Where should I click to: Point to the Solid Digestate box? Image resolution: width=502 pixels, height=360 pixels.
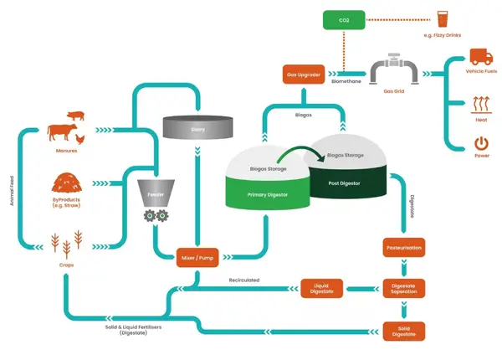click(405, 329)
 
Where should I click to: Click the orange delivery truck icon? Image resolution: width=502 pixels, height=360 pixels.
click(480, 58)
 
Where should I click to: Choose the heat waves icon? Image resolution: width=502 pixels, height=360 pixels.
click(480, 105)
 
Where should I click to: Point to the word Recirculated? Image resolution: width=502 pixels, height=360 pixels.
click(243, 280)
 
